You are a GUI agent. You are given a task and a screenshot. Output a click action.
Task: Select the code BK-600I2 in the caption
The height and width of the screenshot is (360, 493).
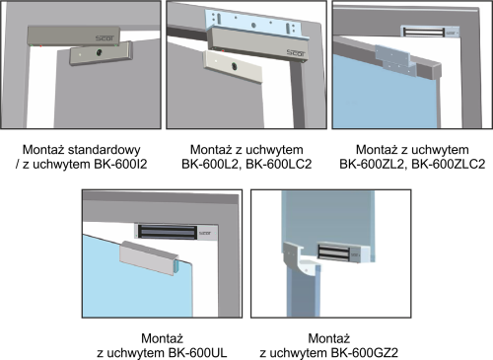pyautogui.click(x=120, y=164)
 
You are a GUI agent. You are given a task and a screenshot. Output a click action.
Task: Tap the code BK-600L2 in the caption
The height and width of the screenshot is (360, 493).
pyautogui.click(x=210, y=164)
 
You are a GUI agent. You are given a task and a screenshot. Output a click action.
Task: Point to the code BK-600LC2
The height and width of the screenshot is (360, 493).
pyautogui.click(x=279, y=164)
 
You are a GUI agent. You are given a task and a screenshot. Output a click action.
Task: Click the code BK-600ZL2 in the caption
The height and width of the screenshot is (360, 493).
pyautogui.click(x=372, y=164)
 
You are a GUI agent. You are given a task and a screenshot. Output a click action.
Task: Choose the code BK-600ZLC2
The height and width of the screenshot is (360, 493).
pyautogui.click(x=449, y=164)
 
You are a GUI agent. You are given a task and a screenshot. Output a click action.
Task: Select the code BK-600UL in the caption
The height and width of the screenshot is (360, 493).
pyautogui.click(x=197, y=353)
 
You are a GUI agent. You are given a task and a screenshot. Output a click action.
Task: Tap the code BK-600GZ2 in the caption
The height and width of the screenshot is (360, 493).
pyautogui.click(x=365, y=353)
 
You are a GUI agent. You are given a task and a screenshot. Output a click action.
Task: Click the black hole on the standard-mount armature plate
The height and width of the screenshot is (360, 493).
pyautogui.click(x=99, y=52)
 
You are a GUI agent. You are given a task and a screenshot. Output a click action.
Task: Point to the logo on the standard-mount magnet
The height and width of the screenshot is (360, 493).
pyautogui.click(x=105, y=38)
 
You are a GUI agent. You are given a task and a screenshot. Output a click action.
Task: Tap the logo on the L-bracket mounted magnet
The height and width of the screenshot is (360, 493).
pyautogui.click(x=296, y=53)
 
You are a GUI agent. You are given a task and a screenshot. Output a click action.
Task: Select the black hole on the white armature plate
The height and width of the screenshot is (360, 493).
pyautogui.click(x=235, y=66)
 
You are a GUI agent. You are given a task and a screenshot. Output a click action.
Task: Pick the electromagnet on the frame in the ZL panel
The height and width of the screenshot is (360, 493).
pyautogui.click(x=430, y=32)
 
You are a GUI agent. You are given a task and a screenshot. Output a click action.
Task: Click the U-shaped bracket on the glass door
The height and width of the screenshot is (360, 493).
pyautogui.click(x=150, y=257)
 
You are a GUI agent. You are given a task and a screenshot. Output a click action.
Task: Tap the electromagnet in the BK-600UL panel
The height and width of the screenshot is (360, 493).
pyautogui.click(x=176, y=232)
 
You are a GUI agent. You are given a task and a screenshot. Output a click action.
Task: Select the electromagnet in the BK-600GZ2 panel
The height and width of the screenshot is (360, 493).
pyautogui.click(x=344, y=253)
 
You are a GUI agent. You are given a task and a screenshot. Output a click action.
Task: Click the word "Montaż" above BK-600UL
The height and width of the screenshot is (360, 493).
pyautogui.click(x=162, y=338)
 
